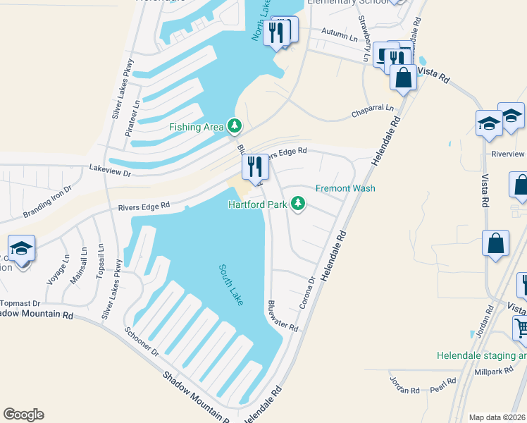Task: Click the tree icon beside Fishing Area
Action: [x=235, y=127]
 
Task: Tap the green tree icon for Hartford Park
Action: [x=299, y=204]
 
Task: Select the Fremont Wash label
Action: [x=345, y=188]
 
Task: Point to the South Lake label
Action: [x=231, y=285]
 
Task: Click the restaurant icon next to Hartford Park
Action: [x=254, y=168]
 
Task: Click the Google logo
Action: [x=23, y=415]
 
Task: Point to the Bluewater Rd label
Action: [x=283, y=317]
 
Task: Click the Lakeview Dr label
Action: [x=111, y=168]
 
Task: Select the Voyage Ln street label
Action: [x=58, y=269]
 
